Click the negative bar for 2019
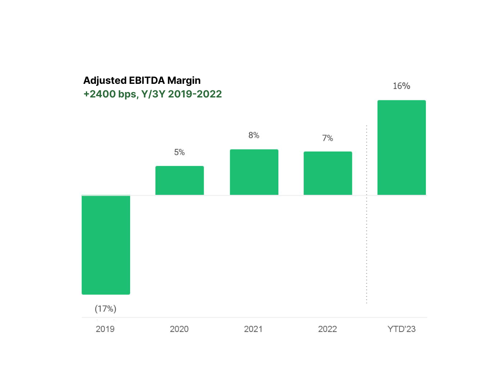click(x=106, y=244)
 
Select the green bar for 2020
click(x=179, y=180)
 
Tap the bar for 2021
click(x=254, y=172)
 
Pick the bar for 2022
click(x=328, y=173)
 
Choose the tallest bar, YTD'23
click(x=401, y=147)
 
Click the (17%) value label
click(x=106, y=308)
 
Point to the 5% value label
click(x=179, y=152)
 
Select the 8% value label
click(x=254, y=135)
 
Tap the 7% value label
click(x=328, y=138)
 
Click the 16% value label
click(x=401, y=86)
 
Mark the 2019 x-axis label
click(x=105, y=329)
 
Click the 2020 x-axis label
click(x=179, y=329)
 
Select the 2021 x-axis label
click(x=253, y=329)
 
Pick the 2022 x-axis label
click(x=328, y=329)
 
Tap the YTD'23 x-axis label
click(x=401, y=329)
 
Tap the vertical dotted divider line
click(x=366, y=215)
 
